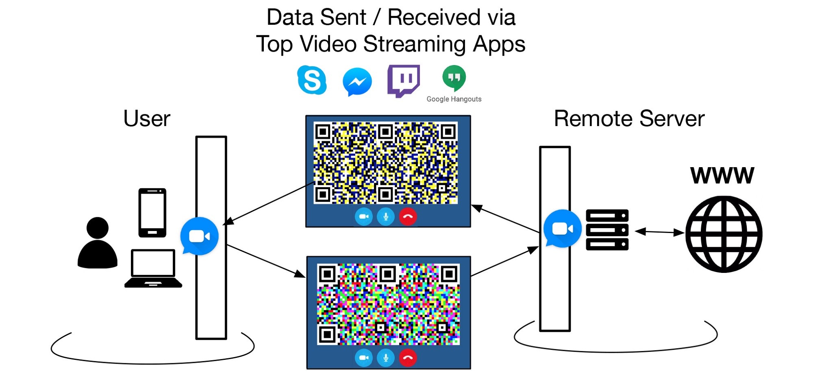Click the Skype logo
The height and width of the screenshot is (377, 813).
[312, 80]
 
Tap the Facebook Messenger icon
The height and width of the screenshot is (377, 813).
[357, 82]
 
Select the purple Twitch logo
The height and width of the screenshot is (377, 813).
[403, 80]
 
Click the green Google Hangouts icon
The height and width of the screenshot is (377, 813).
[454, 77]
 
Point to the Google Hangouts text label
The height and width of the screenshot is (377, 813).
[454, 99]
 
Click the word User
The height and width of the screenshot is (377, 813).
[147, 119]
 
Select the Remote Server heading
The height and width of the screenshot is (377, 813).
[629, 119]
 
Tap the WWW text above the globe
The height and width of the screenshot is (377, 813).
[722, 176]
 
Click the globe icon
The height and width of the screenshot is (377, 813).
[724, 234]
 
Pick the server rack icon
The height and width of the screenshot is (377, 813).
[607, 230]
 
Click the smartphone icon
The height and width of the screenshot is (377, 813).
[152, 213]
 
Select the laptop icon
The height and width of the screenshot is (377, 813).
[153, 269]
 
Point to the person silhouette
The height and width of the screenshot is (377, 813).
[98, 243]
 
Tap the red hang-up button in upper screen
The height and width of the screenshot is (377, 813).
[408, 217]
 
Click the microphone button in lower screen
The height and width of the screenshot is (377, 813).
[386, 358]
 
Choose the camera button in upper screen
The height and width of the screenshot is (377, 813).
[363, 217]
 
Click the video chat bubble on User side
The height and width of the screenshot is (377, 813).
[199, 236]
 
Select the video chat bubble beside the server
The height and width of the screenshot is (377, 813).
[562, 229]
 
